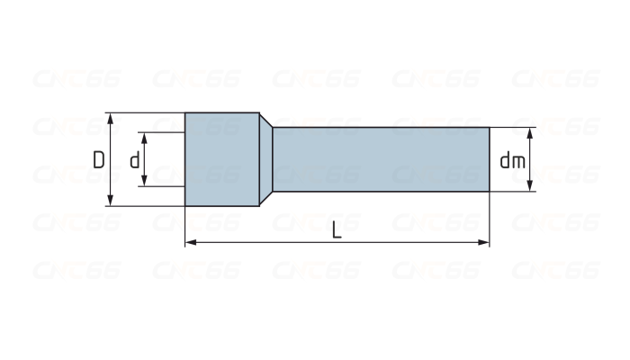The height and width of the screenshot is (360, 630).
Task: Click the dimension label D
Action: click(x=98, y=159)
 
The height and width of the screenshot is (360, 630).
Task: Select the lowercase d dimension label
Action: click(x=134, y=160)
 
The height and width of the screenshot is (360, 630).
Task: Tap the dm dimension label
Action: click(x=512, y=160)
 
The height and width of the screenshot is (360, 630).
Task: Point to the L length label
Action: click(x=337, y=230)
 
